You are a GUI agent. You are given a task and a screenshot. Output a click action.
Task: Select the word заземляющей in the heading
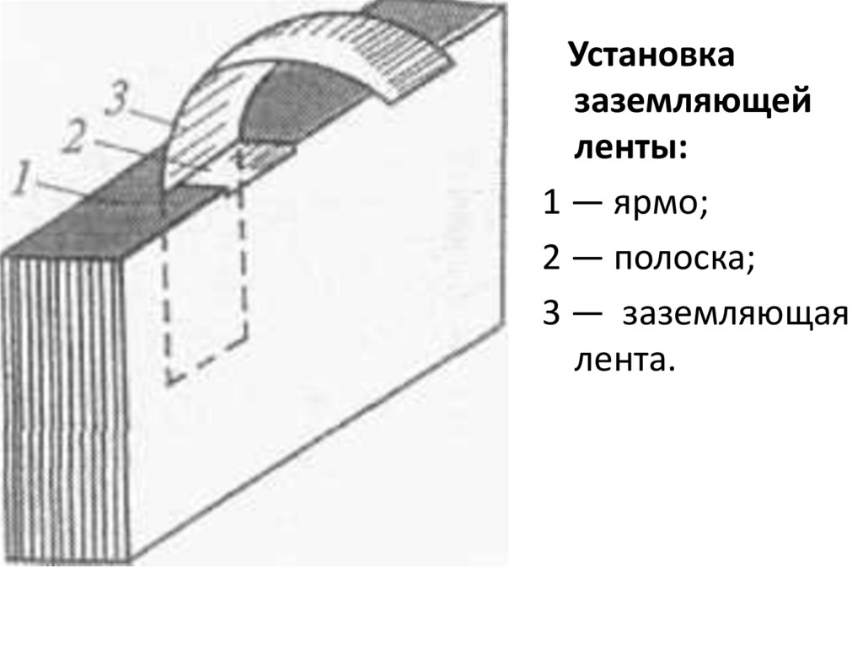click(692, 104)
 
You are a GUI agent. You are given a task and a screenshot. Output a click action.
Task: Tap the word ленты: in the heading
click(630, 148)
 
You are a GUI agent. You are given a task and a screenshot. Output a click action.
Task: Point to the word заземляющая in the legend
click(733, 314)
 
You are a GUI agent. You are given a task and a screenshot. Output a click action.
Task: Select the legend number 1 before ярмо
click(551, 203)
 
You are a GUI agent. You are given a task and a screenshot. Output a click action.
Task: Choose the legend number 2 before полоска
click(551, 259)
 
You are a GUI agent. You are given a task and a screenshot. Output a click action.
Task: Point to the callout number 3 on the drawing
click(116, 100)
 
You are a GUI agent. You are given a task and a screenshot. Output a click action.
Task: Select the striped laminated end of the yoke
click(63, 404)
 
